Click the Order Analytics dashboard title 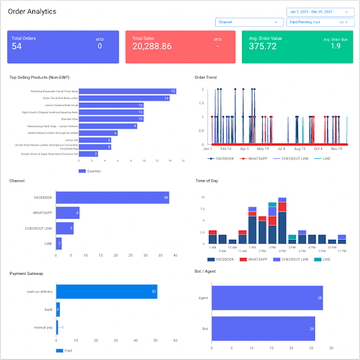(33, 12)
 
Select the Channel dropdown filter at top (247, 22)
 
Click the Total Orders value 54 (18, 46)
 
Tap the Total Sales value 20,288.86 (151, 46)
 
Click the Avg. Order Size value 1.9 (336, 46)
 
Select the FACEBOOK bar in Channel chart (112, 198)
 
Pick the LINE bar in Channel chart (59, 244)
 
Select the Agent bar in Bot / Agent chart (267, 298)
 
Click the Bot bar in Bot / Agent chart (263, 328)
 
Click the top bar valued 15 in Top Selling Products (127, 91)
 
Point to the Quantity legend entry (95, 171)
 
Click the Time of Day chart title (210, 181)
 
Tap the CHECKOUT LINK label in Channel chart (39, 229)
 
